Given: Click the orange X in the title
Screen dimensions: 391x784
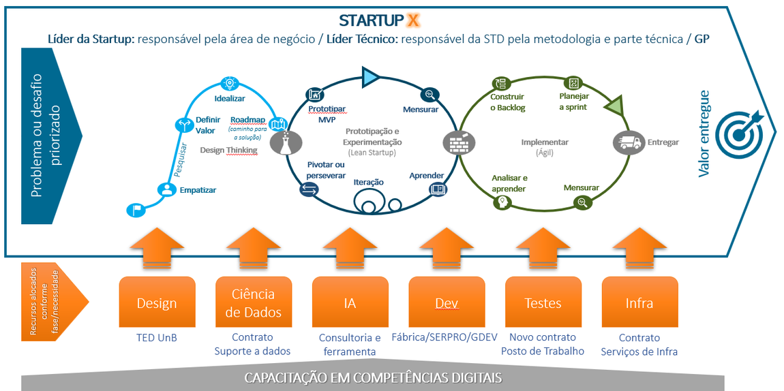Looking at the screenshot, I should point(414,20).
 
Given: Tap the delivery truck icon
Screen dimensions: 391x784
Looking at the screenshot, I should point(628,142).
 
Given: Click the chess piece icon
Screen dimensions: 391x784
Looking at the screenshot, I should point(282,142).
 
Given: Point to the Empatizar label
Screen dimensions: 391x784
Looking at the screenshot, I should point(198,190).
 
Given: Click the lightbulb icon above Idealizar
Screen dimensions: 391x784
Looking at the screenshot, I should point(230,82).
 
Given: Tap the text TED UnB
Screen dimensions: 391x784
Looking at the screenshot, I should point(156,337).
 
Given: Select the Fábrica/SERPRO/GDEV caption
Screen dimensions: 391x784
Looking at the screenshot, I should point(444,337).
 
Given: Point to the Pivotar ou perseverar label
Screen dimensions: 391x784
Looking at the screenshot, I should point(326,170).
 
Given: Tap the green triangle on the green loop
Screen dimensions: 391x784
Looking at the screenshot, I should point(613,106).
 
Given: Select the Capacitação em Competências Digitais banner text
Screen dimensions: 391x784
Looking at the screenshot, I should point(374,377).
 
